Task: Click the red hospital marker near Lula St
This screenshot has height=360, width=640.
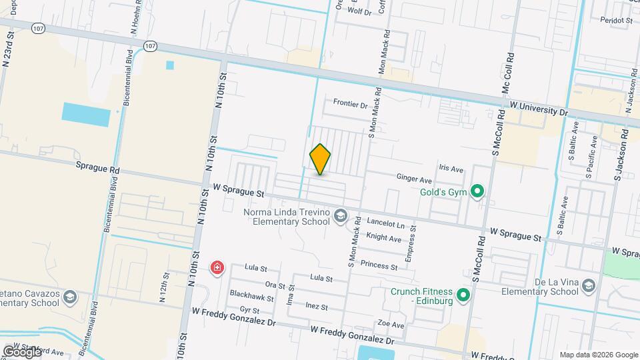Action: pos(217,268)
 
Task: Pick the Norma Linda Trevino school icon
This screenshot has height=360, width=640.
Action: pos(341,215)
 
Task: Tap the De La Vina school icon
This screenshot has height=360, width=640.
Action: pos(589,286)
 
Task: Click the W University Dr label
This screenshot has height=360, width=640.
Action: pos(538,108)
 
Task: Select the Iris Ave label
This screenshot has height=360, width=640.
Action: pos(451,169)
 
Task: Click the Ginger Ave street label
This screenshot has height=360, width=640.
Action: pos(414,179)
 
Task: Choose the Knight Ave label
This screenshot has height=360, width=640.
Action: pos(384,238)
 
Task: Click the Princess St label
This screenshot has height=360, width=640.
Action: pos(379,265)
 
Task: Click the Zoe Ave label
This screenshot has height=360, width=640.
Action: pos(391,325)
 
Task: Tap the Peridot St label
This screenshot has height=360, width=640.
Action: pos(616,21)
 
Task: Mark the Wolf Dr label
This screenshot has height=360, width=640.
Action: pos(359,12)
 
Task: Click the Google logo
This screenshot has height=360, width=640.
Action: pos(21,351)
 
